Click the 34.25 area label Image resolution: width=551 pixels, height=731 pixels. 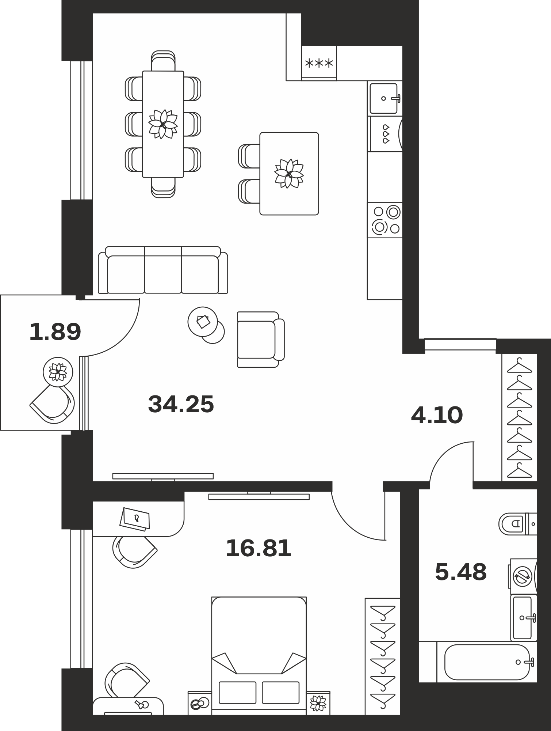(181, 404)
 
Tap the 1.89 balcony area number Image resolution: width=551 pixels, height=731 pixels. (55, 332)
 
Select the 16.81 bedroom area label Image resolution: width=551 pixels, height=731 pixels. (259, 548)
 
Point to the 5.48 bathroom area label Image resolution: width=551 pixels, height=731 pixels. (461, 572)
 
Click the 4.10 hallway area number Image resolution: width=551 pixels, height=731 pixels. (437, 415)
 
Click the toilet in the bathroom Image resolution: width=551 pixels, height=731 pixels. (517, 524)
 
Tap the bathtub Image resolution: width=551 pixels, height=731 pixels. (487, 662)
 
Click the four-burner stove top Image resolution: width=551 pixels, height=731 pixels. (385, 220)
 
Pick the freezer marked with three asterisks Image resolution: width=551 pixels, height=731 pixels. (319, 63)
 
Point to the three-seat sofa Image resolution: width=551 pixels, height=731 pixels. (163, 270)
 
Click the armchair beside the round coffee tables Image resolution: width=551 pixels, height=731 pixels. (260, 340)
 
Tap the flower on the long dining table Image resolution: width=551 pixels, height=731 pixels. (163, 124)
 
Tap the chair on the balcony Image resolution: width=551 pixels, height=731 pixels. (53, 405)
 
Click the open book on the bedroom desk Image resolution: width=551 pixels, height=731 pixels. (135, 519)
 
